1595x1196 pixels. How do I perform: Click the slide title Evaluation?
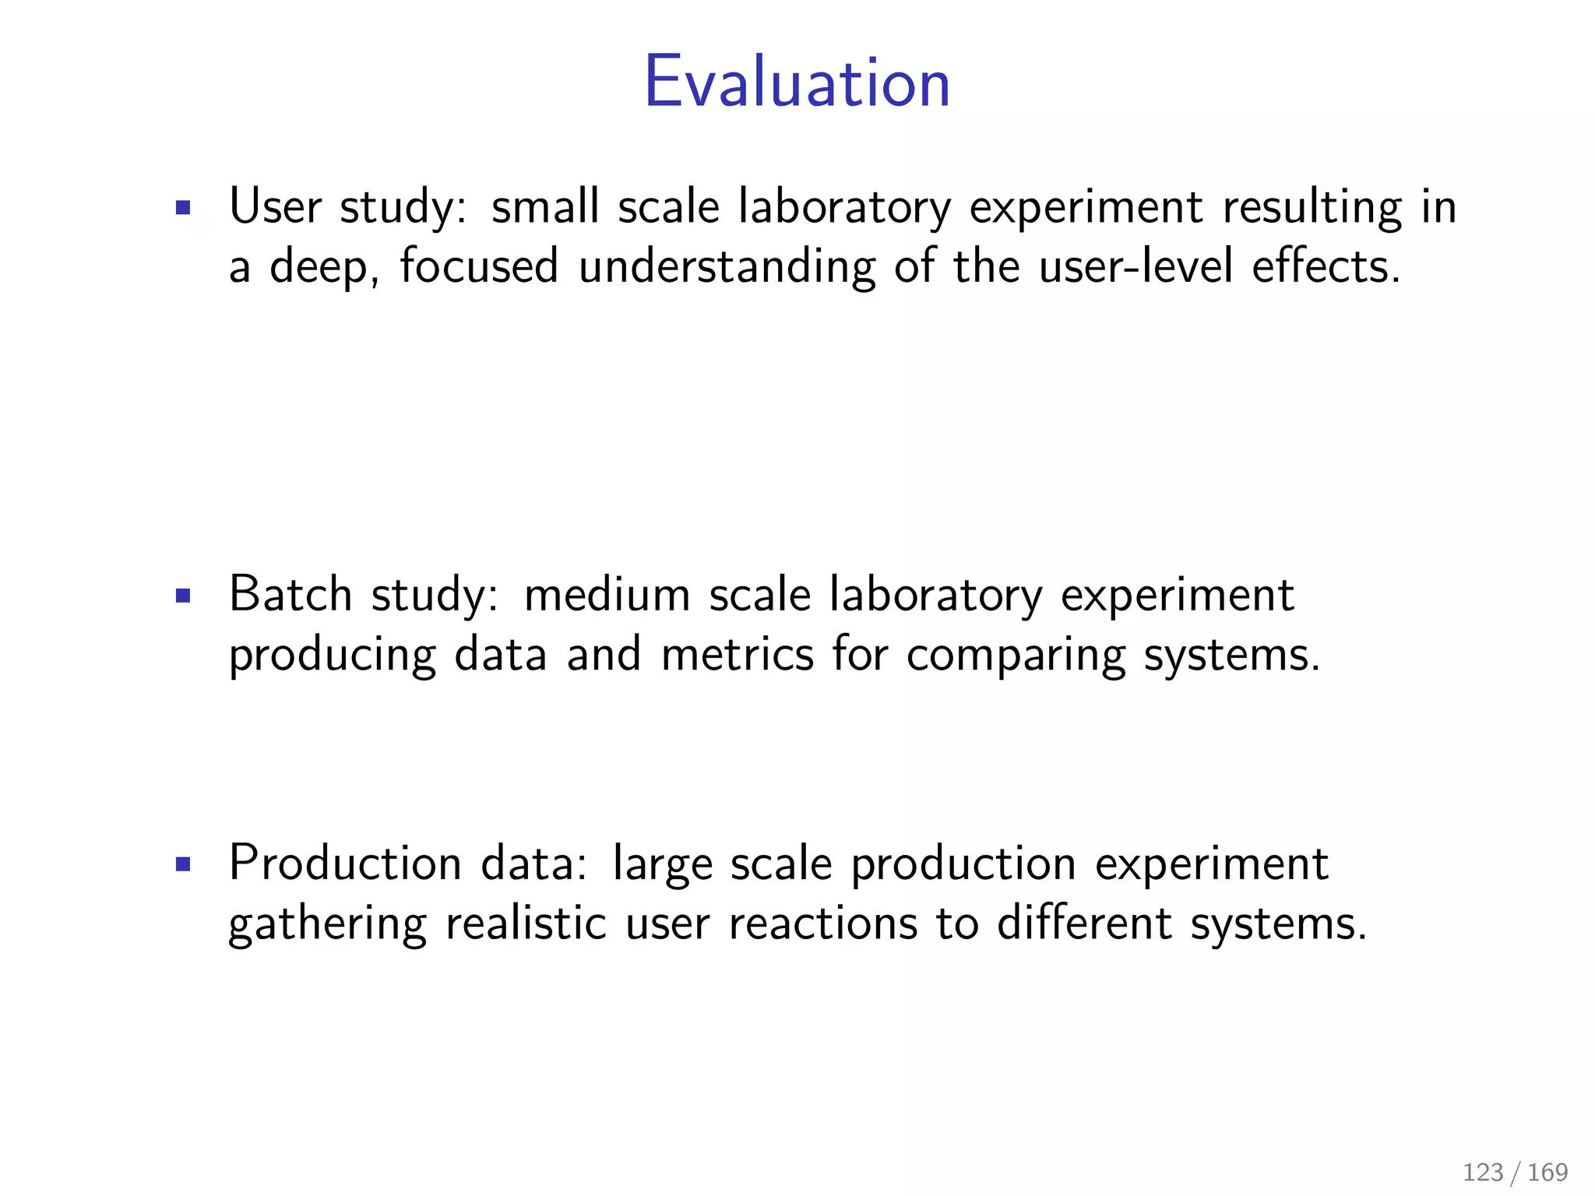click(797, 83)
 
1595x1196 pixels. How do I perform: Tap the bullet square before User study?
click(184, 208)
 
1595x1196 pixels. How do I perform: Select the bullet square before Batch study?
click(184, 596)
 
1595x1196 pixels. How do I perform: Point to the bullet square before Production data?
click(184, 864)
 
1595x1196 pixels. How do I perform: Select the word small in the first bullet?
click(545, 207)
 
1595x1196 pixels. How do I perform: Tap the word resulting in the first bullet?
click(1312, 209)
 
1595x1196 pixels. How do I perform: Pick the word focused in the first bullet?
click(479, 266)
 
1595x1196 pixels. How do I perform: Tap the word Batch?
click(290, 595)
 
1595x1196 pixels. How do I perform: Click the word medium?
click(607, 595)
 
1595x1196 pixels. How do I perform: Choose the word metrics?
click(737, 654)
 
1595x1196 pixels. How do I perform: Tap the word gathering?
click(327, 925)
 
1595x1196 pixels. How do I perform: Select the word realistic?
click(526, 923)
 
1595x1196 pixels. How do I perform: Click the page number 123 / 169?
click(1515, 1172)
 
